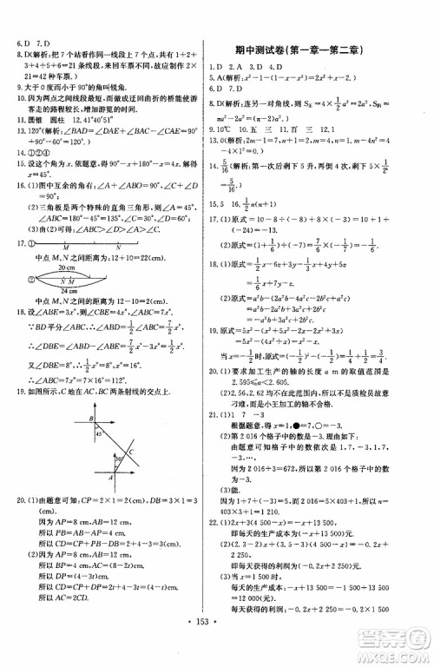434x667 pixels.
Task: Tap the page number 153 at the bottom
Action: click(216, 649)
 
